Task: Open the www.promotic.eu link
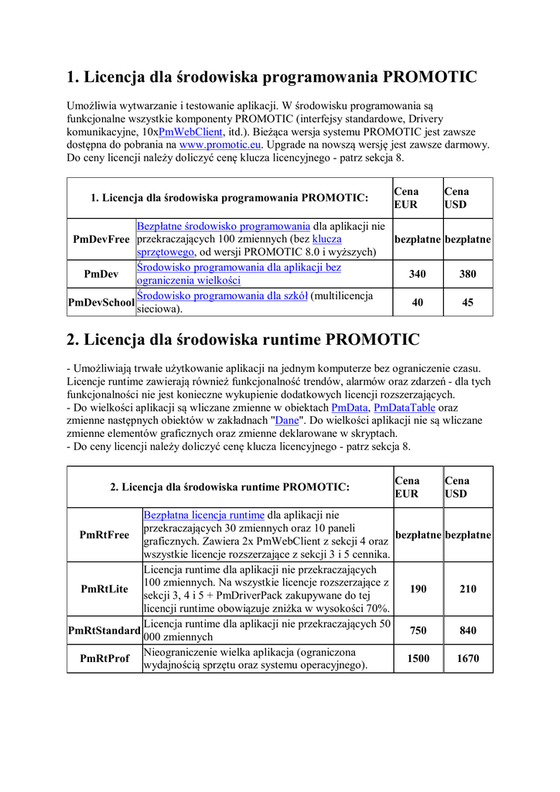pyautogui.click(x=220, y=145)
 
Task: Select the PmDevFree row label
pyautogui.click(x=101, y=239)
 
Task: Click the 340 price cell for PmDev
pyautogui.click(x=418, y=274)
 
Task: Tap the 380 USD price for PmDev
pyautogui.click(x=467, y=274)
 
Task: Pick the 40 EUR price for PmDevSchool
pyautogui.click(x=418, y=302)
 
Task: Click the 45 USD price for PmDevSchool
pyautogui.click(x=467, y=302)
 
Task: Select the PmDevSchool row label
pyautogui.click(x=101, y=302)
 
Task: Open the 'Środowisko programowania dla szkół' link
pyautogui.click(x=223, y=295)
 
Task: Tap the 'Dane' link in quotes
pyautogui.click(x=287, y=421)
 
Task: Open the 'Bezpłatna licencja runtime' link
pyautogui.click(x=204, y=514)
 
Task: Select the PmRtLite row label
pyautogui.click(x=104, y=589)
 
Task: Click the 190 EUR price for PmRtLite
pyautogui.click(x=418, y=589)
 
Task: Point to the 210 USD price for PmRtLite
pyautogui.click(x=467, y=589)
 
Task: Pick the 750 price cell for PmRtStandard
pyautogui.click(x=418, y=630)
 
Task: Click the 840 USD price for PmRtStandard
pyautogui.click(x=467, y=630)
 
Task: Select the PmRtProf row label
pyautogui.click(x=104, y=658)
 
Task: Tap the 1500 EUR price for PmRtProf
pyautogui.click(x=418, y=658)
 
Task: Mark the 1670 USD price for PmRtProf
pyautogui.click(x=467, y=658)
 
